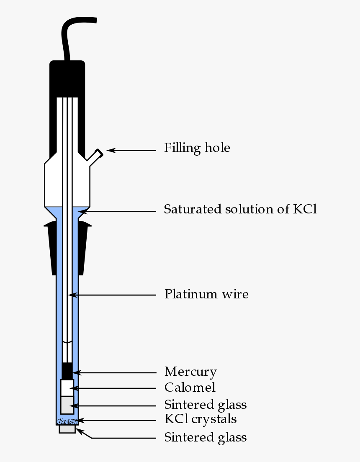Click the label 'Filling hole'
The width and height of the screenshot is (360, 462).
pos(197,148)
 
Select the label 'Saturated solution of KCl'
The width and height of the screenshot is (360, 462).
pos(240,209)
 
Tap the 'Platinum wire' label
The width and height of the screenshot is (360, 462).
pos(206,294)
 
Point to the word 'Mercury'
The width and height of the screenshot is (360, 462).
pos(190,372)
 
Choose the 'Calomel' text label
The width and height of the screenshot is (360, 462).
pos(190,388)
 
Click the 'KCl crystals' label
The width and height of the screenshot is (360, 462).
pos(201,419)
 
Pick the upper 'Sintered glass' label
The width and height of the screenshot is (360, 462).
pos(205,405)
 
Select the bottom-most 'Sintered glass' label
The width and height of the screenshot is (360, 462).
pos(205,437)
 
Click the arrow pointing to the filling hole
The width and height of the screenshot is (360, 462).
pos(131,150)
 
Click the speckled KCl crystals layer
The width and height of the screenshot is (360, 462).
pos(67,421)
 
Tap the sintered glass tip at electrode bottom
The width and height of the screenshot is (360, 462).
pos(67,429)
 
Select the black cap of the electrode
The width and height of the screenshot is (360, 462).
pos(67,80)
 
